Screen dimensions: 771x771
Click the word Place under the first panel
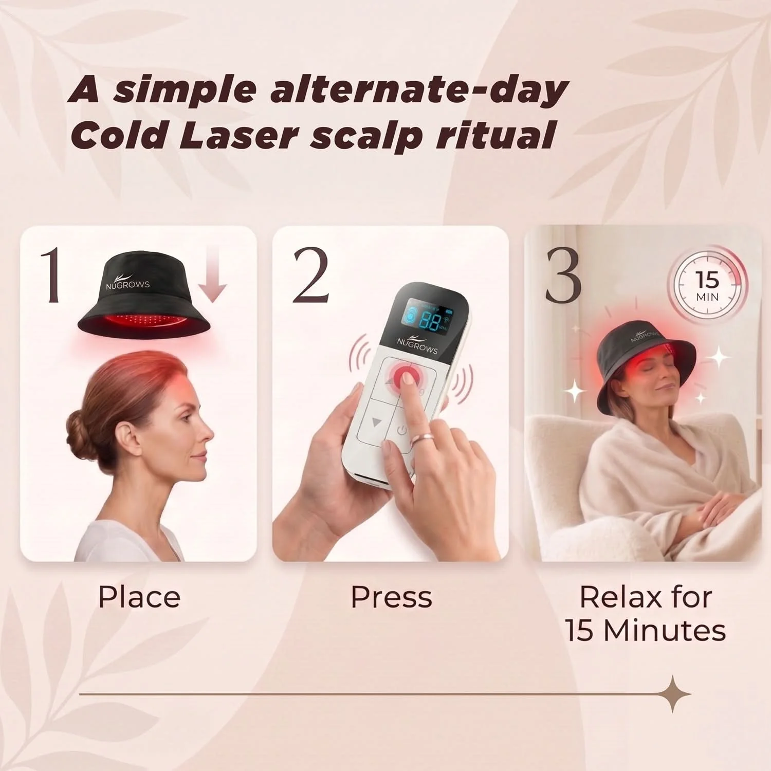(x=139, y=597)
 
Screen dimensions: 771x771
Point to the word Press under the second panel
(x=391, y=597)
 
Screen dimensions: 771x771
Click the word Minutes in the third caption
(x=665, y=630)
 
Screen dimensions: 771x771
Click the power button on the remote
(x=402, y=431)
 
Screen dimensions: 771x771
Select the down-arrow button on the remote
(x=377, y=421)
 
